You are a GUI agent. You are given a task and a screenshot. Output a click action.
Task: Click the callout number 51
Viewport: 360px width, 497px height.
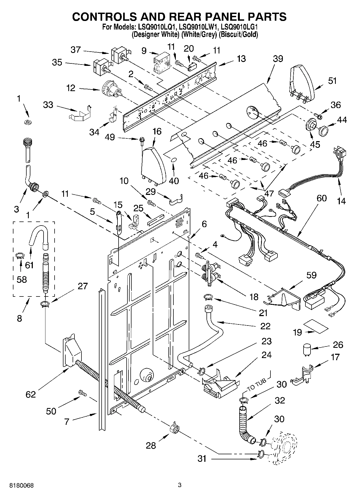pyautogui.click(x=332, y=81)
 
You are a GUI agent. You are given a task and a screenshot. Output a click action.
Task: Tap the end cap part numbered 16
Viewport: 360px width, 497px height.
pyautogui.click(x=153, y=165)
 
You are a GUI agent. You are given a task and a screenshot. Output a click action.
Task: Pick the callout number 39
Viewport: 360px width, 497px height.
pyautogui.click(x=278, y=59)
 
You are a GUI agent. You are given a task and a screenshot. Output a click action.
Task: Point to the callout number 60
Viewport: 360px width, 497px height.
pyautogui.click(x=322, y=198)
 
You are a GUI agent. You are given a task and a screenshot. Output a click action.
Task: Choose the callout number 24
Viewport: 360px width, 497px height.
pyautogui.click(x=266, y=355)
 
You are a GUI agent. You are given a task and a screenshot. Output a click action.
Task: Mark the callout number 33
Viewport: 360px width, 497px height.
pyautogui.click(x=48, y=105)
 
